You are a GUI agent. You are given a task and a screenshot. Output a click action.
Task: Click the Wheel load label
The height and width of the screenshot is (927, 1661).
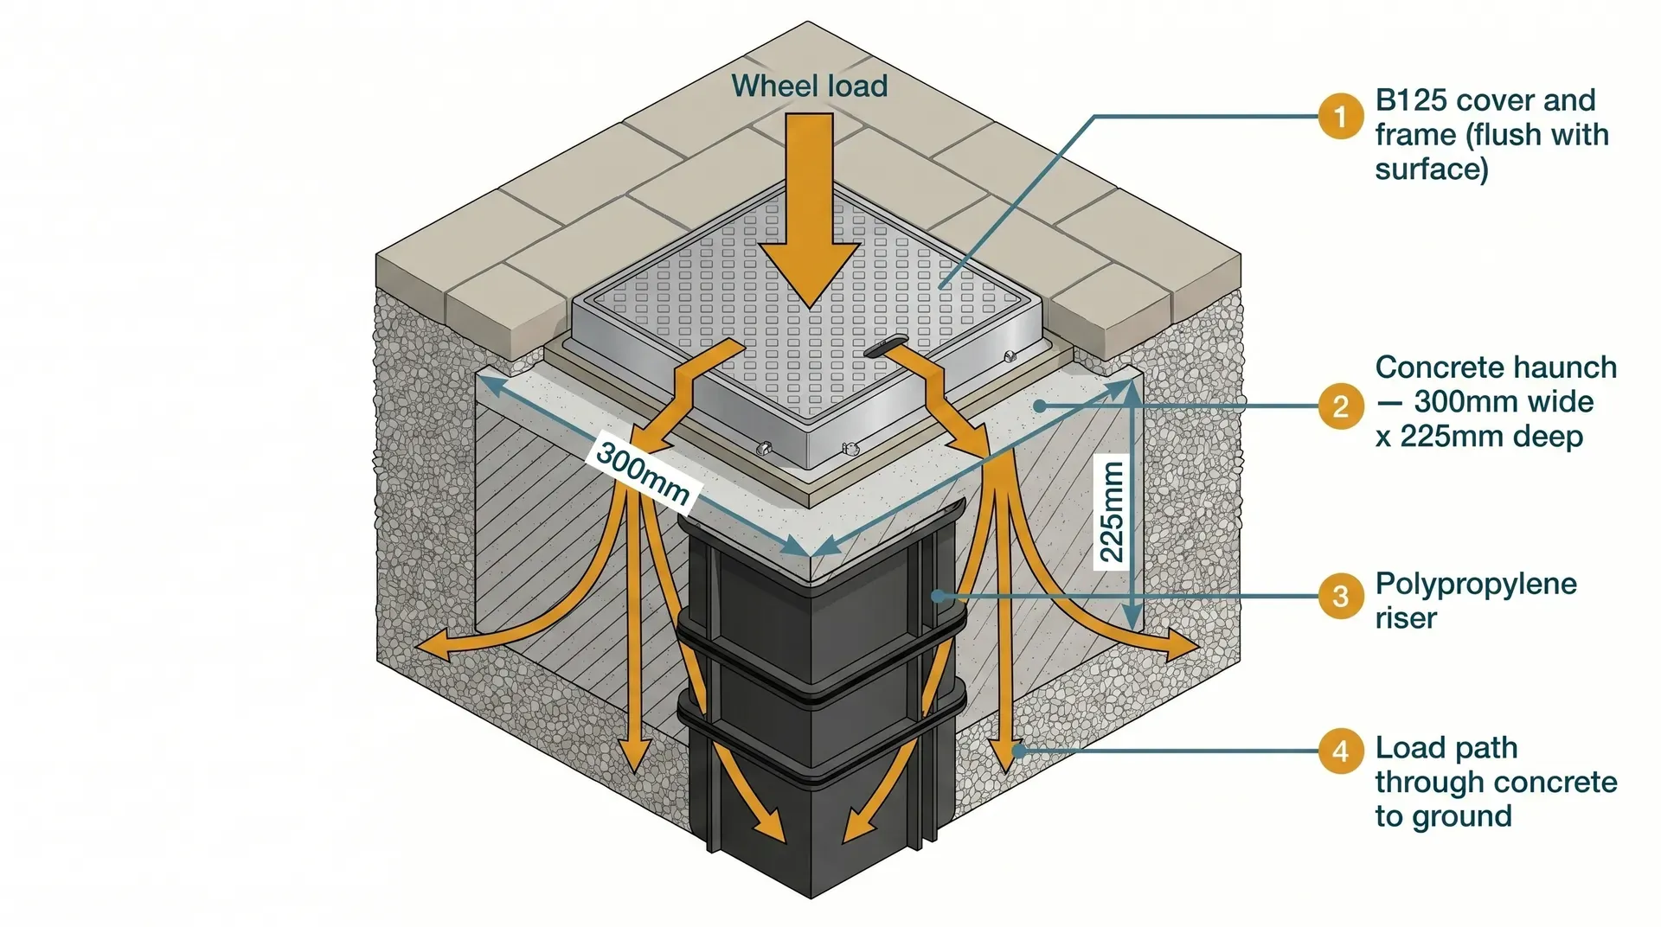[809, 86]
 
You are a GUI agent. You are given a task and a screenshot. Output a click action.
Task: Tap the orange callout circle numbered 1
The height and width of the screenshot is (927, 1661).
[1340, 116]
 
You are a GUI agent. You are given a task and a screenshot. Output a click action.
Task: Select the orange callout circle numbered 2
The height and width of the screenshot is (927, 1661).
[1340, 406]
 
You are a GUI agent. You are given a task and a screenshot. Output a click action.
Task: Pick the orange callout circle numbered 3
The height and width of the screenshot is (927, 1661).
[1340, 596]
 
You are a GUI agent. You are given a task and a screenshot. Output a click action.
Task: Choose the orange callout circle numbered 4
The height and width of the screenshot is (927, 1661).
[1340, 750]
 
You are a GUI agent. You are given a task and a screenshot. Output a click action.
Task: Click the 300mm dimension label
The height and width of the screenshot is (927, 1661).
[642, 474]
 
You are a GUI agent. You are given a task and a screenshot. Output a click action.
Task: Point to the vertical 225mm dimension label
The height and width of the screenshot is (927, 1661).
[1113, 512]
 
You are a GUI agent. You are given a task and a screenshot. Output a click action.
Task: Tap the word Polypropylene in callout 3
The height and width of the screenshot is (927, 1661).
[1475, 585]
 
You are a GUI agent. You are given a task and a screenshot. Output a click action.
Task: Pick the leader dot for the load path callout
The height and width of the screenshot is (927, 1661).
[1018, 750]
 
